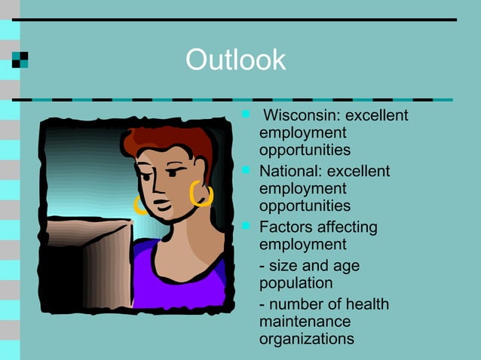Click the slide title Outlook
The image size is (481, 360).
point(235,60)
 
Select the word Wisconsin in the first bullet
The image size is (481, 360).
point(296,116)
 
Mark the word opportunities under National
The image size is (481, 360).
point(305,206)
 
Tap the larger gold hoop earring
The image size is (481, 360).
point(201,194)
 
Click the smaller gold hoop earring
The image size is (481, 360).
point(139,204)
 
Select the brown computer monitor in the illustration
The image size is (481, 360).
point(87,264)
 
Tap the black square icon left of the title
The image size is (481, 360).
point(20,60)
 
